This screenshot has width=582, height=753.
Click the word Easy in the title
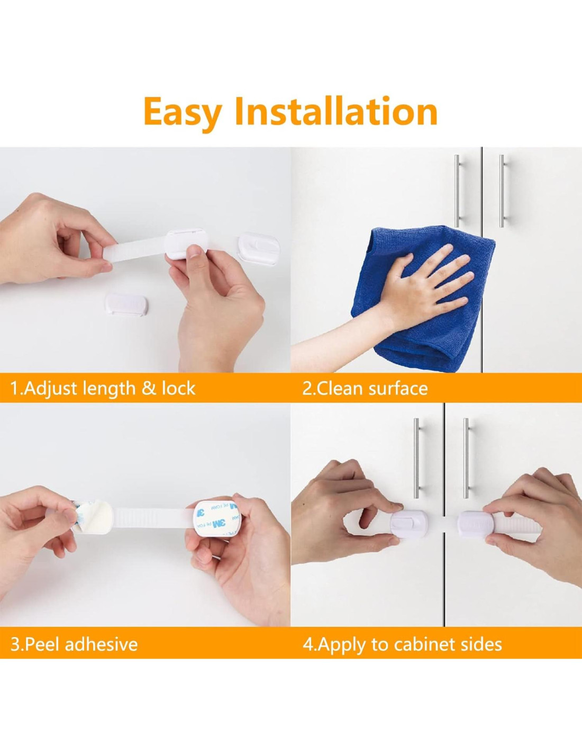pyautogui.click(x=182, y=112)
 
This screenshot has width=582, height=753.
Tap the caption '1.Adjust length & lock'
pyautogui.click(x=103, y=388)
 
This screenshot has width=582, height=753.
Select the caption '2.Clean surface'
pyautogui.click(x=365, y=388)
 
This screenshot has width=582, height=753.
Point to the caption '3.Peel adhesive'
pyautogui.click(x=74, y=634)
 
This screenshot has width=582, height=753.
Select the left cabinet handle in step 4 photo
pyautogui.click(x=417, y=458)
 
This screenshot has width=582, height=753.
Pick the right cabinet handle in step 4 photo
pyautogui.click(x=466, y=458)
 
